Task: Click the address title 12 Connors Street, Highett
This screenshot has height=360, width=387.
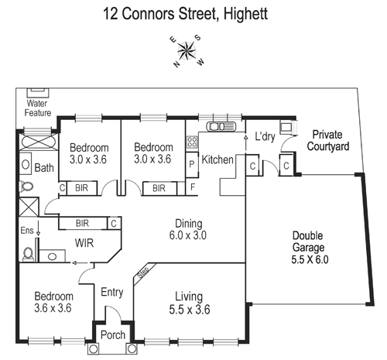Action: (193, 13)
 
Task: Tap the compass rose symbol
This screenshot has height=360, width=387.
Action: (186, 50)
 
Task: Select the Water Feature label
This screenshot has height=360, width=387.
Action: (38, 108)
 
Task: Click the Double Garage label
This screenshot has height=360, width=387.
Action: (310, 248)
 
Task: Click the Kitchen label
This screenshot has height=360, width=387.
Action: (217, 159)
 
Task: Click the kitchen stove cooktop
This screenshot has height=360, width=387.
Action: (190, 142)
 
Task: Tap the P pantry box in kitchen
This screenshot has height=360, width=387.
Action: (191, 165)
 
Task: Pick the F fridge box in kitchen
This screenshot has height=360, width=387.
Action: (191, 187)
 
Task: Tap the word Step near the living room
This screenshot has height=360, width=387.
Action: (142, 273)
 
